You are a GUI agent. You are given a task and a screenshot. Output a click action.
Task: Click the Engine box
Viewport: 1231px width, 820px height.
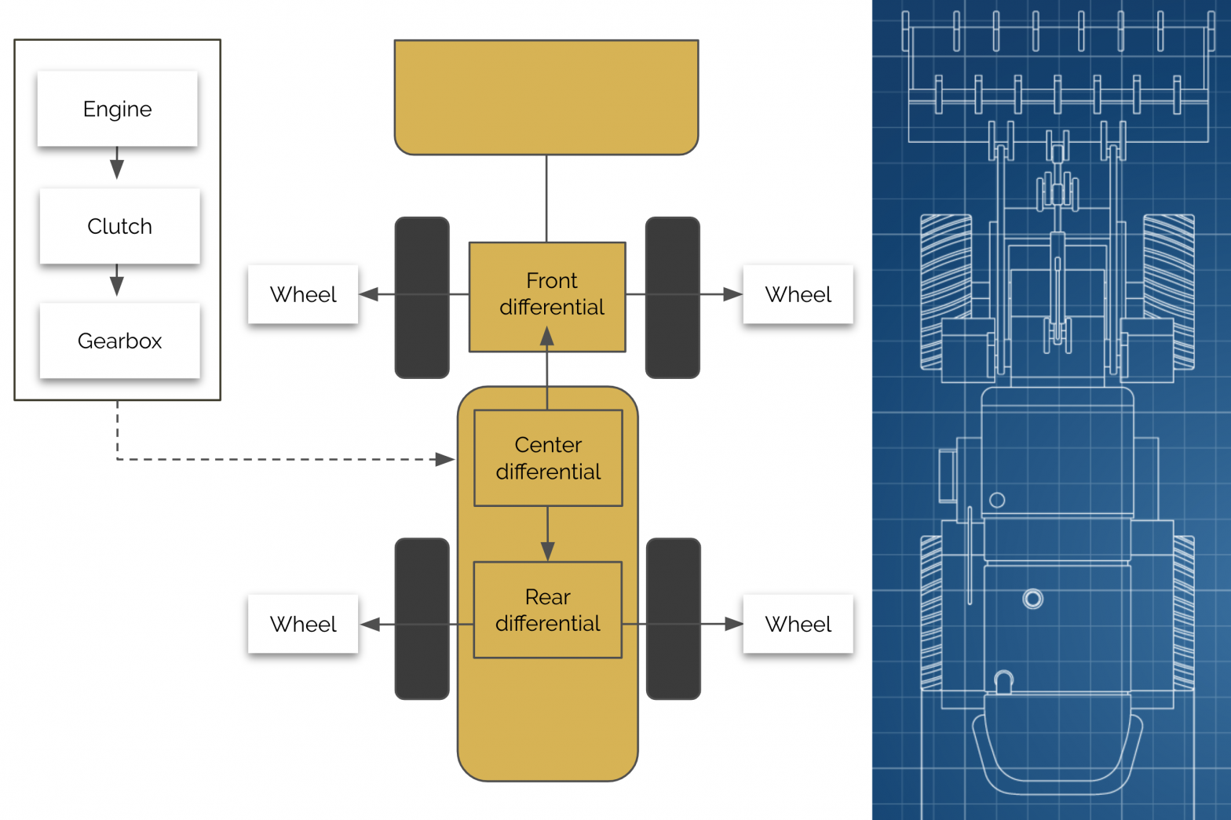pyautogui.click(x=117, y=109)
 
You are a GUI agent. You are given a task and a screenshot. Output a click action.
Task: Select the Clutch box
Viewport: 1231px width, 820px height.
pyautogui.click(x=119, y=226)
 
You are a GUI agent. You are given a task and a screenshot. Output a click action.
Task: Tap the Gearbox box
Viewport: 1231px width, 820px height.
pyautogui.click(x=119, y=341)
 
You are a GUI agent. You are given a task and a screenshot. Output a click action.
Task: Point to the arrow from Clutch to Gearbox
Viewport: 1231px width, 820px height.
pyautogui.click(x=117, y=280)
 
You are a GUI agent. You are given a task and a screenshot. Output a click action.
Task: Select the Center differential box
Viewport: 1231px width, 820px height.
pyautogui.click(x=548, y=458)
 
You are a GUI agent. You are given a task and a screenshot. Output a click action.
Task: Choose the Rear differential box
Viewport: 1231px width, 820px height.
pyautogui.click(x=547, y=610)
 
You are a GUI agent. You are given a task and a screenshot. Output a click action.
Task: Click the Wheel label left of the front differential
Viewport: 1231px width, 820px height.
pyautogui.click(x=303, y=294)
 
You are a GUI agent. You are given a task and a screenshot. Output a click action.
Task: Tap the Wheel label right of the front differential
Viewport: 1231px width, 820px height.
pyautogui.click(x=798, y=294)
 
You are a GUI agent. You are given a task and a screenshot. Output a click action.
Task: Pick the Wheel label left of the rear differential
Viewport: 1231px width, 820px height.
pyautogui.click(x=303, y=624)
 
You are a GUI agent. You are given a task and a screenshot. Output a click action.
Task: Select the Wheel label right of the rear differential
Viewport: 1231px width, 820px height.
pyautogui.click(x=798, y=624)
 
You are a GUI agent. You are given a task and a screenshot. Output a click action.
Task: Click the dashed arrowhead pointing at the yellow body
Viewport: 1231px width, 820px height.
pyautogui.click(x=445, y=459)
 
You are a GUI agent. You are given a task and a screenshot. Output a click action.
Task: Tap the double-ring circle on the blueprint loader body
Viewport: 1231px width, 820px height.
pyautogui.click(x=1033, y=600)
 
